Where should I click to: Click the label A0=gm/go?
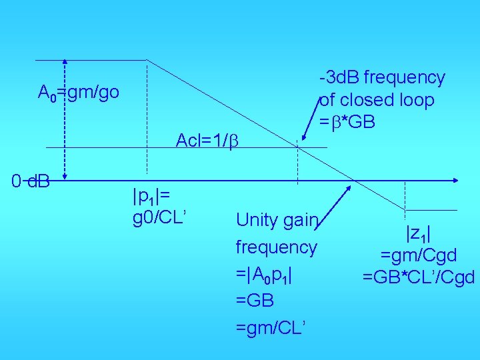79,92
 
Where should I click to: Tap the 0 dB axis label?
31,180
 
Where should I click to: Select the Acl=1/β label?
207,141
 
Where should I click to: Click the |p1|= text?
152,196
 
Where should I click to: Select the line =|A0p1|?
265,274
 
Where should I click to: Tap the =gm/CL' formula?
271,327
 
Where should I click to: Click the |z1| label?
418,233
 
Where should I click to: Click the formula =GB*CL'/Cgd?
418,276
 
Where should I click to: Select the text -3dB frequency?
382,78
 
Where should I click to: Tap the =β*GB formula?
347,122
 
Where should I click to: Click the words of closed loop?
377,100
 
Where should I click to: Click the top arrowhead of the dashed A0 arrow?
65,62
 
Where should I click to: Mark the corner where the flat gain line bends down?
147,60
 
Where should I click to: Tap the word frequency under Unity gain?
276,247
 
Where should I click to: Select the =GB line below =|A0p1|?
255,301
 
